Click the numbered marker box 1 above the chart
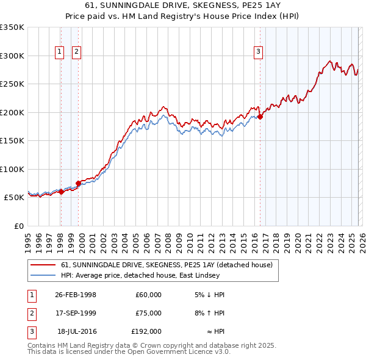pos(60,52)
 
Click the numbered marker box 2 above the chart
pos(76,52)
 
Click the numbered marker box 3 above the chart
pos(259,52)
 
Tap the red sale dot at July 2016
pos(260,117)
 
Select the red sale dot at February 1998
pos(61,192)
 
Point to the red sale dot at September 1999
pos(78,183)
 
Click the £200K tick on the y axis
pos(12,112)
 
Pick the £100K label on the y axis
pos(12,169)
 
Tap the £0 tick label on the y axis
pos(18,226)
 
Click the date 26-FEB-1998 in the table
pos(76,295)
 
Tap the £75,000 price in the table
pos(148,313)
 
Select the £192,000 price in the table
pos(146,331)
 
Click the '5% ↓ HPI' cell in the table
pos(210,295)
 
